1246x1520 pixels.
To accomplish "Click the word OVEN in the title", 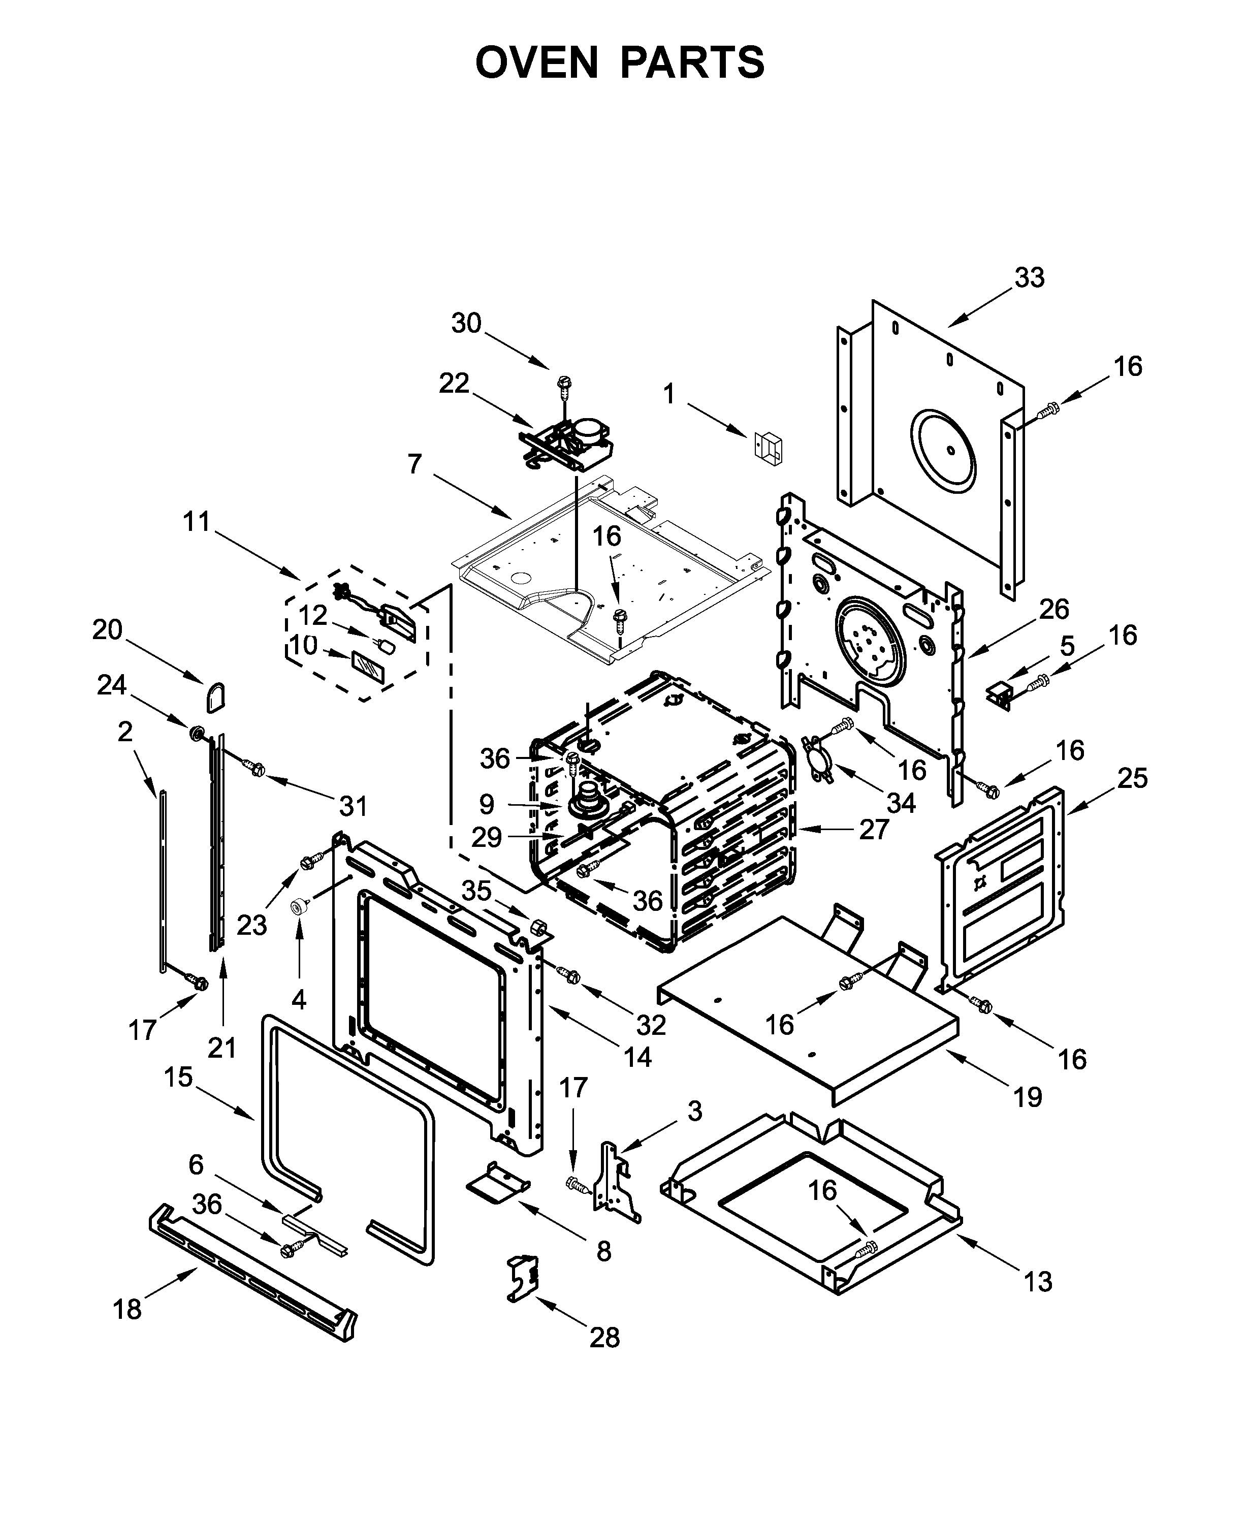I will tap(536, 62).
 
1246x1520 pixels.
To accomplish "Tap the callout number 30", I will tap(466, 323).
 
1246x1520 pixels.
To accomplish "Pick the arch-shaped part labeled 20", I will tap(216, 696).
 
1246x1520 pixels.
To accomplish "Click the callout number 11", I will tap(196, 522).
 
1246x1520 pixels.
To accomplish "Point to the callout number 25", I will tap(1132, 778).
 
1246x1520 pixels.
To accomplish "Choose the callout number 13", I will tap(1038, 1281).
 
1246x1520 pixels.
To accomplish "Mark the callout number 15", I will tap(178, 1076).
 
